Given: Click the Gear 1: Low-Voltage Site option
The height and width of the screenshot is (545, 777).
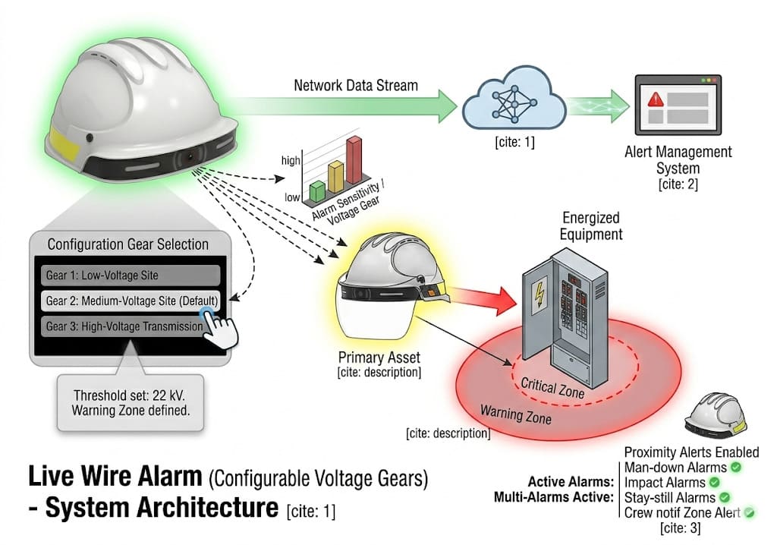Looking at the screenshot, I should (130, 275).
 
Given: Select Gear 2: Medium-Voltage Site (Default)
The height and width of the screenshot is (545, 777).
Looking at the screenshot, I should (130, 300).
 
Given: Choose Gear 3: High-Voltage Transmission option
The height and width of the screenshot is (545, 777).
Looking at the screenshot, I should (125, 326).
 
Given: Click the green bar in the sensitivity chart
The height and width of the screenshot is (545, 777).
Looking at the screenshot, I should (317, 191).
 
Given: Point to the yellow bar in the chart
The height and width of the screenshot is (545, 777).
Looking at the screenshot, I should (335, 176).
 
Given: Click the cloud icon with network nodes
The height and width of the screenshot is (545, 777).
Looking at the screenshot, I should (513, 105).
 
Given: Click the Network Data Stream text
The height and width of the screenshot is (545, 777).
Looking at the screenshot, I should (355, 85).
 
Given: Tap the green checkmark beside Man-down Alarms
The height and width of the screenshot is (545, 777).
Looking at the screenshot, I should (735, 468).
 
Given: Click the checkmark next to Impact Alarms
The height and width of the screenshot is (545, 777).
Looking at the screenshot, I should (713, 482).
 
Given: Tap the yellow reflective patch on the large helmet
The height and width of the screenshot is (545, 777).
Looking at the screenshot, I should (58, 141).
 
